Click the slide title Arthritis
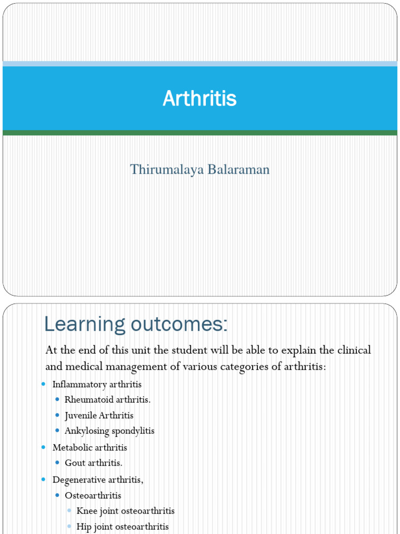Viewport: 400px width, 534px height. point(199,99)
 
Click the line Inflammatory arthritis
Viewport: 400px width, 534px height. point(97,384)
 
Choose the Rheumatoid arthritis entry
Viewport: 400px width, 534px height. point(107,400)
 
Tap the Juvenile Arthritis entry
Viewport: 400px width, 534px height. point(99,416)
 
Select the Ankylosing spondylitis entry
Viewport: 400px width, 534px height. point(109,431)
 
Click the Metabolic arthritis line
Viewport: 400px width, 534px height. point(90,447)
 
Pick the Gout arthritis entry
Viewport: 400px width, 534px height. point(93,463)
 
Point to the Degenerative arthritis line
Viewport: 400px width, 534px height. point(98,479)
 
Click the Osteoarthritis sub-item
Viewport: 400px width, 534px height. point(93,495)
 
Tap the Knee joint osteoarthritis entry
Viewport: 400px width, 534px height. point(126,511)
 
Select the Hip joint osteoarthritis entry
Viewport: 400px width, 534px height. point(122,527)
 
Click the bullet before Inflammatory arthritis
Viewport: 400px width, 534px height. point(44,384)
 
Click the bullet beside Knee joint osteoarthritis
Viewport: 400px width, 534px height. point(69,511)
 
